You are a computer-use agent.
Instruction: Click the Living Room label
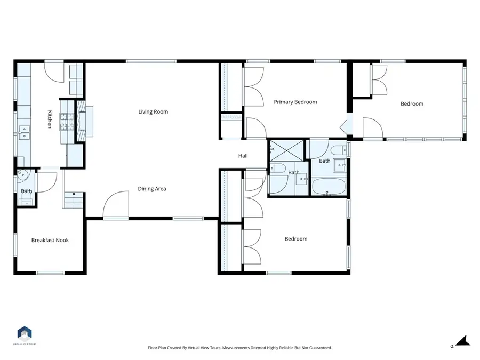[x=153, y=112]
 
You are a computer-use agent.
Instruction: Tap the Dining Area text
[x=153, y=189]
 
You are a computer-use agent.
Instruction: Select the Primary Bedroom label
[x=295, y=102]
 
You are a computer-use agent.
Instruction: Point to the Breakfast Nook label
[x=50, y=241]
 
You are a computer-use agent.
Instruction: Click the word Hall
[x=243, y=156]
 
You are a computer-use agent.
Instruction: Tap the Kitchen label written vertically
[x=50, y=119]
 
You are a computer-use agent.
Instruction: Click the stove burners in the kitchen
[x=67, y=122]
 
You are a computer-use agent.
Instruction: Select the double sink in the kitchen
[x=23, y=132]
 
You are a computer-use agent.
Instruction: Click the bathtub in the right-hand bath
[x=328, y=187]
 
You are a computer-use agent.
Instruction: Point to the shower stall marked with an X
[x=286, y=150]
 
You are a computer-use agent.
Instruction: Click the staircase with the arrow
[x=74, y=200]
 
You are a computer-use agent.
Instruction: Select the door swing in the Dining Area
[x=116, y=205]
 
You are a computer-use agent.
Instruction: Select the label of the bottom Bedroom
[x=295, y=239]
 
